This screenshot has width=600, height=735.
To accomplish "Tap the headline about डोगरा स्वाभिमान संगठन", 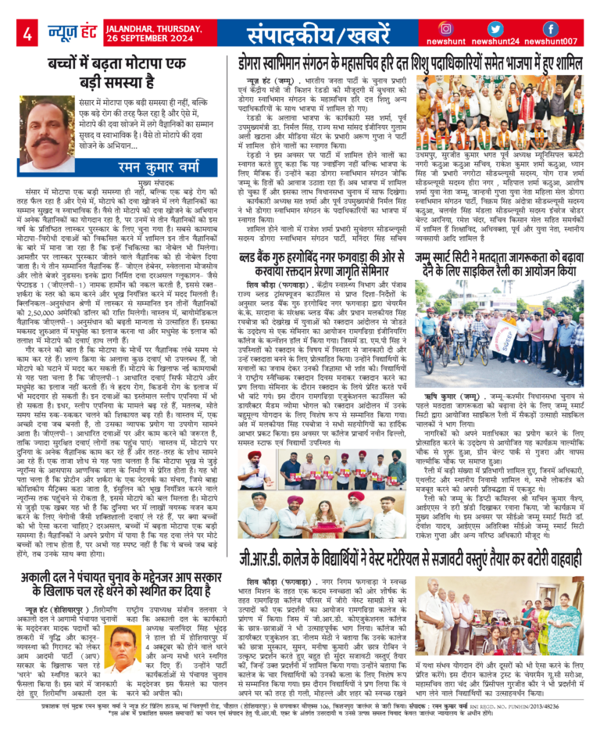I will click(x=411, y=61).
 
